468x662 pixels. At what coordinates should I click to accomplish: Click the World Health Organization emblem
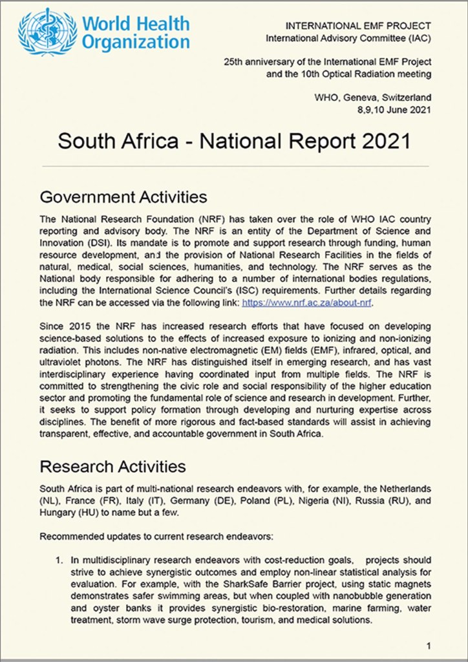coord(47,31)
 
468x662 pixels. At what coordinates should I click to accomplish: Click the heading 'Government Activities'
coord(123,196)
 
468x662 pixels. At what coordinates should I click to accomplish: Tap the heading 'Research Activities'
coord(112,466)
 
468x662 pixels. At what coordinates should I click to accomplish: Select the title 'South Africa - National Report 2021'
coord(234,141)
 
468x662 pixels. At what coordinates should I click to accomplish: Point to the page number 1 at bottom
coord(429,645)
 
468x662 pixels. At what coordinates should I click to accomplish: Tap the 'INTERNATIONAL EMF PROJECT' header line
coord(357,26)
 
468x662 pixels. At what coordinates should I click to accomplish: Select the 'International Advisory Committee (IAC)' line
coord(348,39)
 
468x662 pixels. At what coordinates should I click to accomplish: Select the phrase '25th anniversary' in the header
coord(259,62)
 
